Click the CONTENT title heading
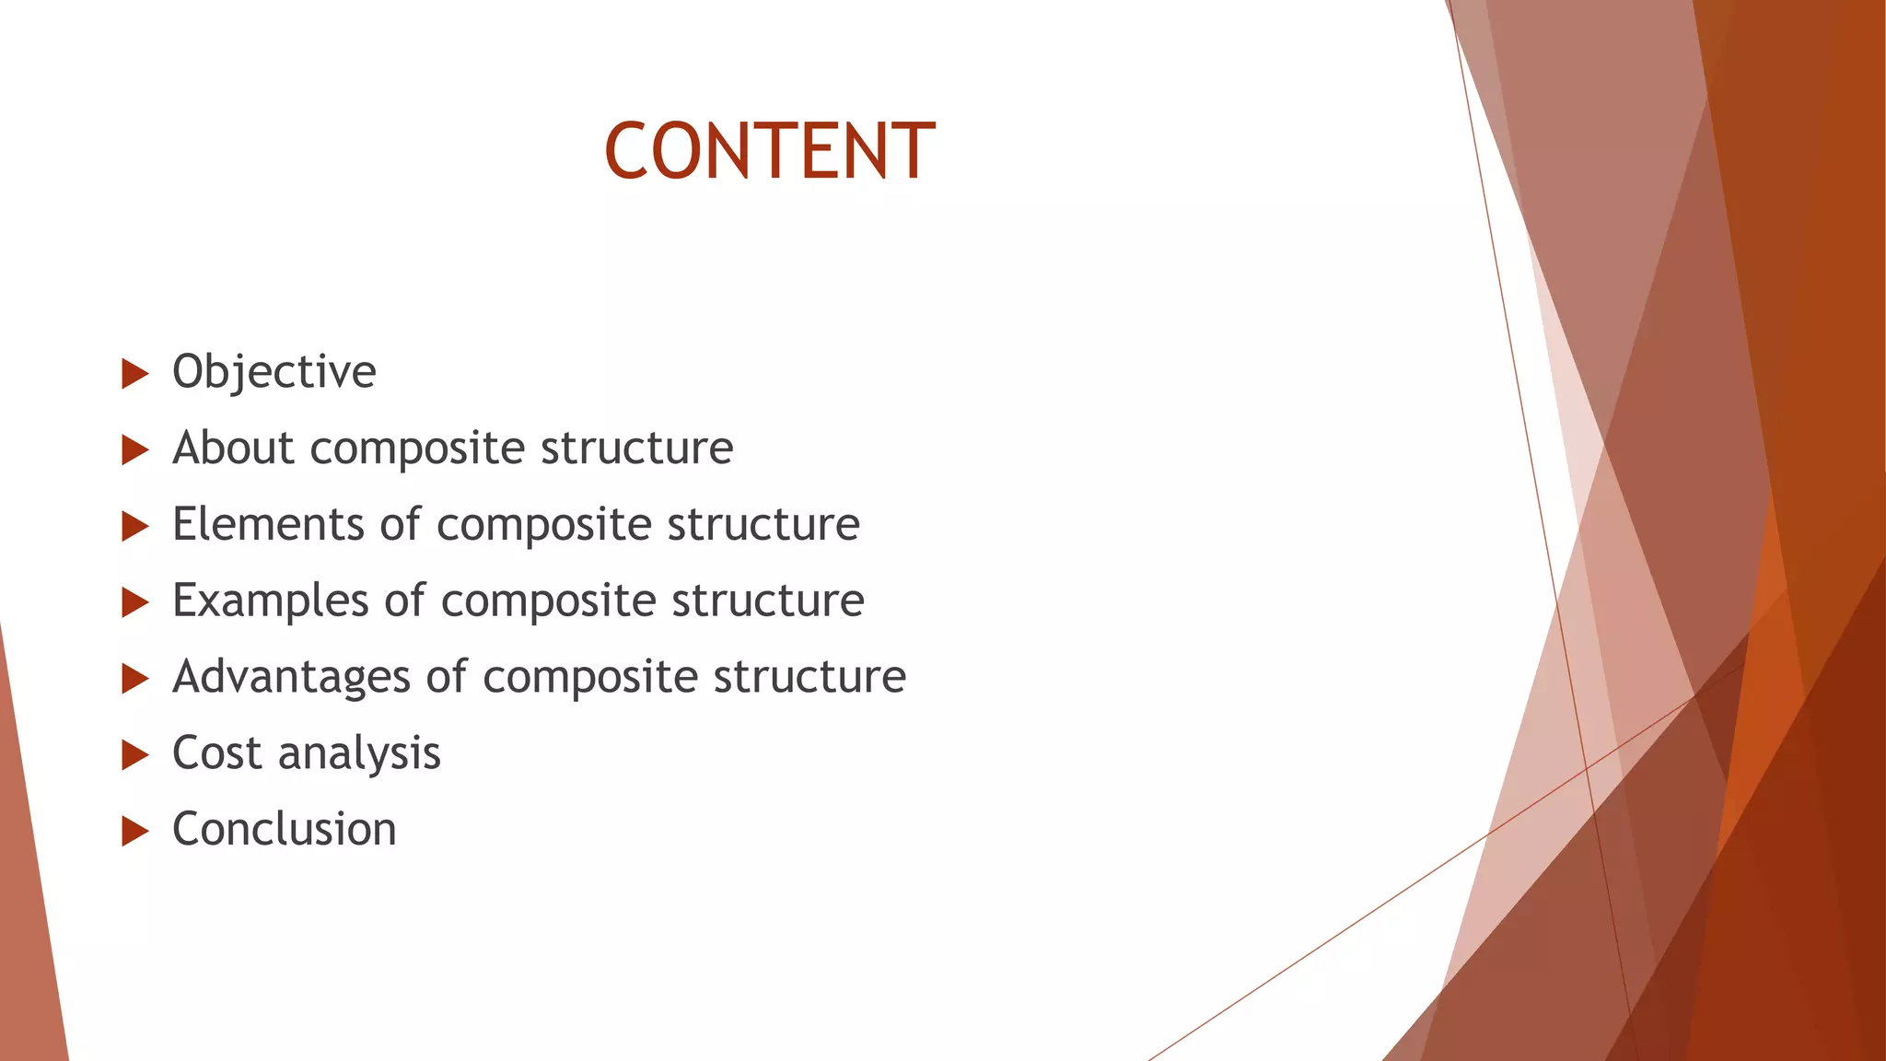[x=770, y=151]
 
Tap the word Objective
[x=274, y=372]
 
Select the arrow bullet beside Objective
[x=134, y=374]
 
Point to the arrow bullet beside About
[x=134, y=450]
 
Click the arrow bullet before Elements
[x=134, y=527]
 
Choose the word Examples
[x=271, y=601]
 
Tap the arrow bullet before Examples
[x=134, y=603]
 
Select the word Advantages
[x=291, y=678]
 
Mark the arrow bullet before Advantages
[x=134, y=680]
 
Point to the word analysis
[x=359, y=755]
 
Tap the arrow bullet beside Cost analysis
[x=134, y=755]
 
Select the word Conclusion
[x=284, y=830]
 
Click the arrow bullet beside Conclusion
[x=134, y=832]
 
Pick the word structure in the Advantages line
[x=809, y=677]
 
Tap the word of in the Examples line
[x=404, y=600]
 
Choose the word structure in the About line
[x=636, y=449]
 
